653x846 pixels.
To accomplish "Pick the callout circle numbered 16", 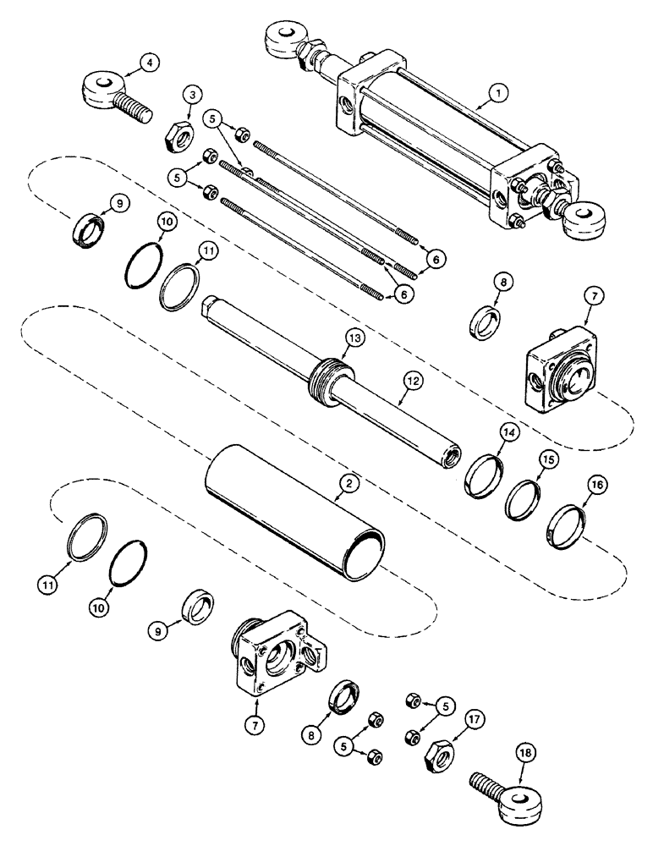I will [574, 485].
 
